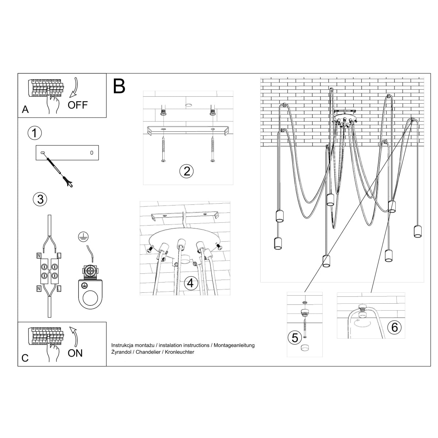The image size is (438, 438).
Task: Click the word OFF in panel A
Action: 78,105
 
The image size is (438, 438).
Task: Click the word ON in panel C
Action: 75,353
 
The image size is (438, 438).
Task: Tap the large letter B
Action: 119,86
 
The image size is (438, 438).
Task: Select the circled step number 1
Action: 35,133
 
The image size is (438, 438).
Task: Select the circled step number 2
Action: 187,171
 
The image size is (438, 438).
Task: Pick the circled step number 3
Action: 40,199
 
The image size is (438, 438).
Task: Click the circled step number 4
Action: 191,283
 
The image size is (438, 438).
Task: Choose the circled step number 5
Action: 295,338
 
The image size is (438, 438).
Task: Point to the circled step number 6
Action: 394,327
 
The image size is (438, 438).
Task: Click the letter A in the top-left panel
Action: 25,109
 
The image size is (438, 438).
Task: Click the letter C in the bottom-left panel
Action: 25,358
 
